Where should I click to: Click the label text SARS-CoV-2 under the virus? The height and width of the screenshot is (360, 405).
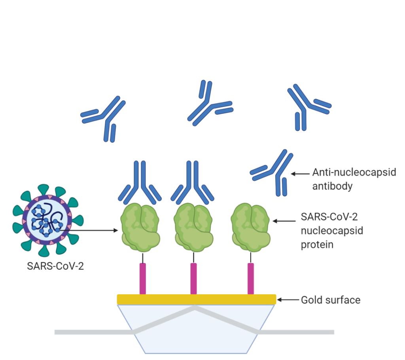pyautogui.click(x=55, y=266)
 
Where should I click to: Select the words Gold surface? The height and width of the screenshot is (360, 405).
pyautogui.click(x=330, y=300)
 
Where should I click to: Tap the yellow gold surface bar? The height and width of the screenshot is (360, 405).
pyautogui.click(x=196, y=299)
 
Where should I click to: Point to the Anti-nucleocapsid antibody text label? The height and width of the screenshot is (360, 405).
pyautogui.click(x=354, y=179)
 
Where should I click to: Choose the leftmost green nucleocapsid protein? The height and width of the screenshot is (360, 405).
pyautogui.click(x=140, y=227)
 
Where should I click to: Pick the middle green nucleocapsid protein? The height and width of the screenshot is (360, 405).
pyautogui.click(x=194, y=227)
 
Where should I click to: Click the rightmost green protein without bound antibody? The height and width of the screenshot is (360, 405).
pyautogui.click(x=251, y=227)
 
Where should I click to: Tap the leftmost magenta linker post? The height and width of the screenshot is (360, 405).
pyautogui.click(x=143, y=279)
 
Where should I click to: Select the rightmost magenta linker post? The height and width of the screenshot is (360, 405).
pyautogui.click(x=250, y=279)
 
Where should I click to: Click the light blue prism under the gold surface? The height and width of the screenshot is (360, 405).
pyautogui.click(x=196, y=332)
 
